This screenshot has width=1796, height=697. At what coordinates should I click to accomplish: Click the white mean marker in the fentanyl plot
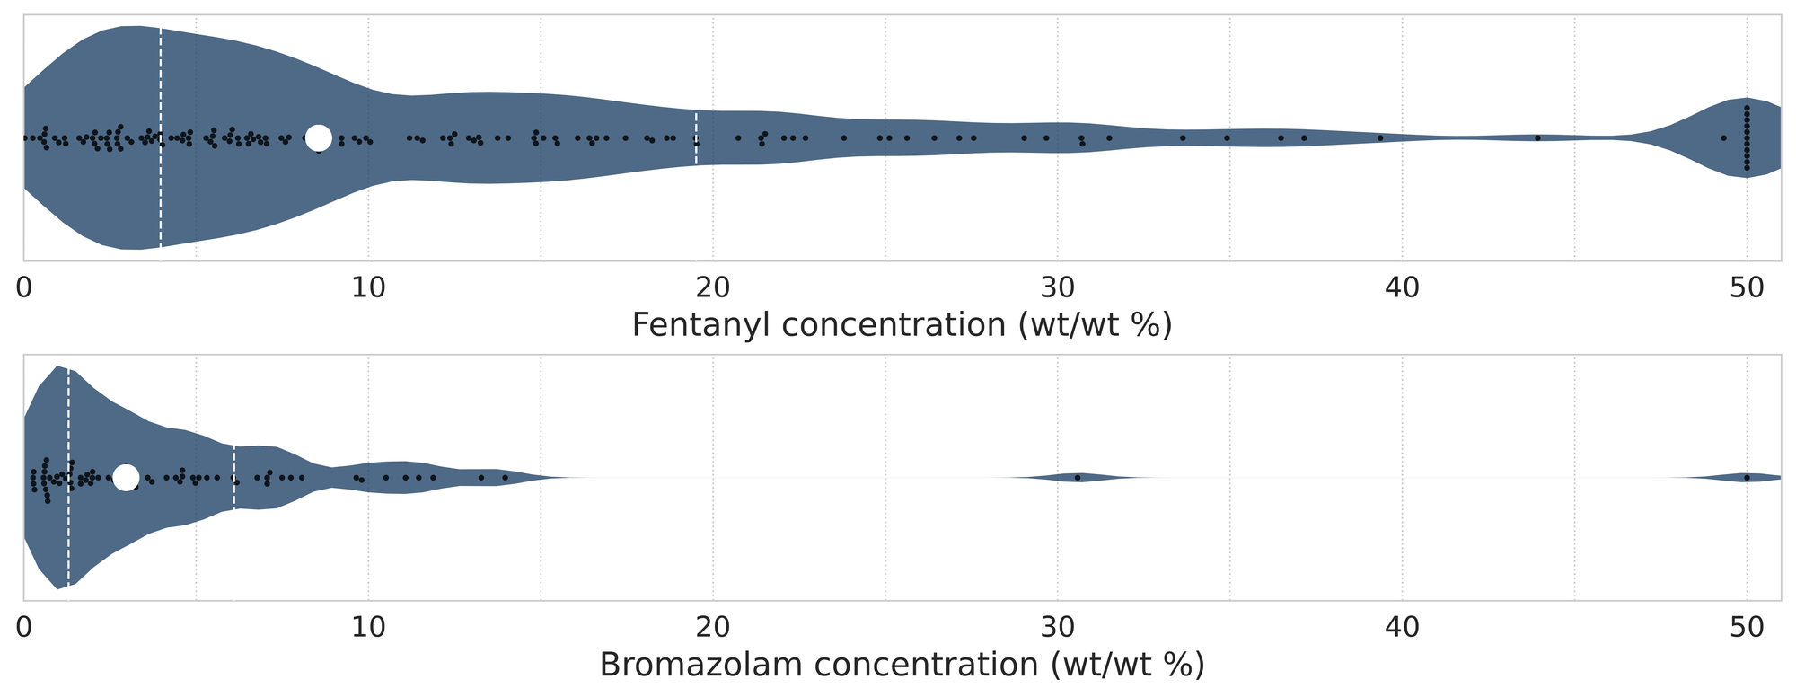pyautogui.click(x=319, y=137)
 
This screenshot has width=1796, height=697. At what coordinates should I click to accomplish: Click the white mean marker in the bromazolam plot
pyautogui.click(x=126, y=478)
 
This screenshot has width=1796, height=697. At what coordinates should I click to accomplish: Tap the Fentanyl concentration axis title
pyautogui.click(x=902, y=324)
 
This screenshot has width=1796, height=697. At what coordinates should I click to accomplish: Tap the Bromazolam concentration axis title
pyautogui.click(x=902, y=665)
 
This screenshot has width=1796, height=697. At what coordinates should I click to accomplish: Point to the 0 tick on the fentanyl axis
pyautogui.click(x=24, y=287)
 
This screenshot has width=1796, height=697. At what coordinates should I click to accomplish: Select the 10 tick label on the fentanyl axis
pyautogui.click(x=368, y=287)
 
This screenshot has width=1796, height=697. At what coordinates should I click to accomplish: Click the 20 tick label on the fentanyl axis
pyautogui.click(x=713, y=287)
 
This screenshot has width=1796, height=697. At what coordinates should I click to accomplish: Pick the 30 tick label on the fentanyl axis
pyautogui.click(x=1058, y=287)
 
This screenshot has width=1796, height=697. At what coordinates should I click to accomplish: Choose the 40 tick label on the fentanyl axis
pyautogui.click(x=1403, y=287)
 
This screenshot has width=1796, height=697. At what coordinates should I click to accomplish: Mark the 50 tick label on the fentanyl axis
pyautogui.click(x=1747, y=287)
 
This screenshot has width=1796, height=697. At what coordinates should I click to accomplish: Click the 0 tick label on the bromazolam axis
pyautogui.click(x=24, y=627)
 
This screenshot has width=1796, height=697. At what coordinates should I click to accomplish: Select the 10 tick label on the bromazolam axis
pyautogui.click(x=368, y=627)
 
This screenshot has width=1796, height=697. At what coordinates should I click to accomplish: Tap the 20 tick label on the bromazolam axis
pyautogui.click(x=713, y=627)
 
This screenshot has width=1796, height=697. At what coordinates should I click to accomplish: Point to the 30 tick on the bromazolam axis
pyautogui.click(x=1058, y=627)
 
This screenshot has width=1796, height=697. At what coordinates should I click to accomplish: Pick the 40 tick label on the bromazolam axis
pyautogui.click(x=1403, y=627)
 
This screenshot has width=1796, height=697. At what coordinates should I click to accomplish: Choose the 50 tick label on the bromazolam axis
pyautogui.click(x=1747, y=627)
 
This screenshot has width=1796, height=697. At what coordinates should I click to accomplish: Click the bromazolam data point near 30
pyautogui.click(x=1078, y=477)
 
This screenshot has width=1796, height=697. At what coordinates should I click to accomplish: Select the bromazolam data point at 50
pyautogui.click(x=1747, y=477)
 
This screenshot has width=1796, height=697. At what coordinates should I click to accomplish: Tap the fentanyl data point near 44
pyautogui.click(x=1537, y=137)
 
